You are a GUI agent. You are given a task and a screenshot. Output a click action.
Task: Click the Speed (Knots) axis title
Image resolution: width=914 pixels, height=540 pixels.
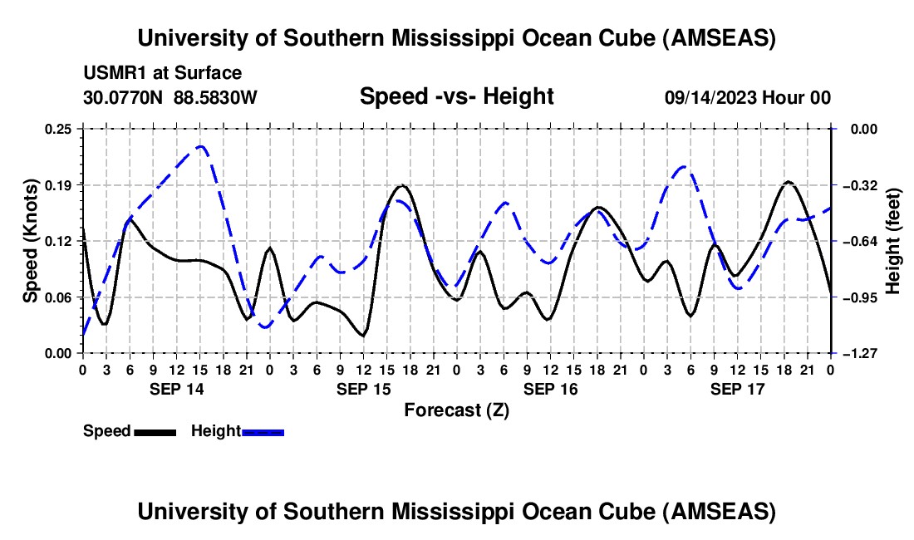coord(31,241)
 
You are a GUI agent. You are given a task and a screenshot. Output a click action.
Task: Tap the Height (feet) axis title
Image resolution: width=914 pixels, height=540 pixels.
coord(894,241)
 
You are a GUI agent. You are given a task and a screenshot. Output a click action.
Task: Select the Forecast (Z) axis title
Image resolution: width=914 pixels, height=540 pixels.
coord(456,410)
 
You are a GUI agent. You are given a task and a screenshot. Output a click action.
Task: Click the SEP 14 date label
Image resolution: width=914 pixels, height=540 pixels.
coord(177,389)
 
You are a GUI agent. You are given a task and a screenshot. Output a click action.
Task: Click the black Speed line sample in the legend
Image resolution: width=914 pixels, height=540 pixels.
coord(155,431)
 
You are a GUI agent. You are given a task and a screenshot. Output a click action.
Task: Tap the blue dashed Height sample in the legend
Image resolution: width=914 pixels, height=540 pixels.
coord(263,431)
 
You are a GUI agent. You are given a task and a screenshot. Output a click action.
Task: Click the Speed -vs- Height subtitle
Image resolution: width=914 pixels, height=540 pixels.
coord(456,96)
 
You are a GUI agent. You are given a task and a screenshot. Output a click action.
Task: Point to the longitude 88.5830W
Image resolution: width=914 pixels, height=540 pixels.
coord(216,97)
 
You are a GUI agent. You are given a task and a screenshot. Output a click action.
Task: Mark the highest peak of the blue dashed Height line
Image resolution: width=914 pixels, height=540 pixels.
coord(200,146)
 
